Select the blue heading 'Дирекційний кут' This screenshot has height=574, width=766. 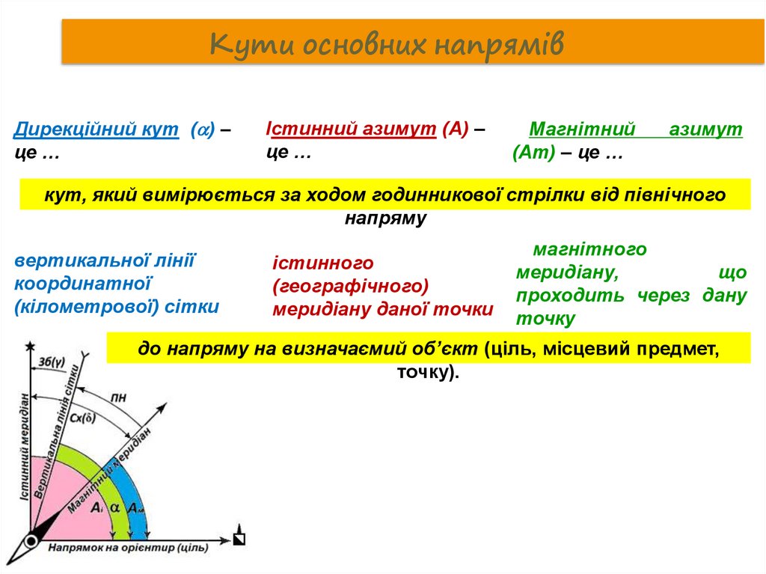96,130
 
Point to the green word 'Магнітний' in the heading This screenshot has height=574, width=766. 582,129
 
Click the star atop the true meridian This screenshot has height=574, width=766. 31,346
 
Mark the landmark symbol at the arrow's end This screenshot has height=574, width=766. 239,538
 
